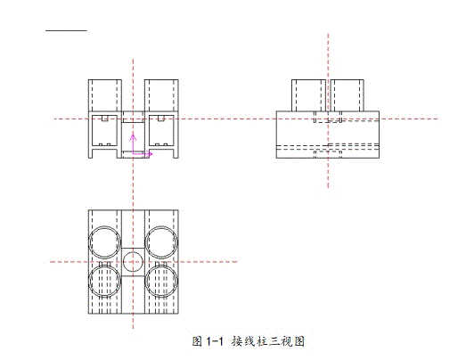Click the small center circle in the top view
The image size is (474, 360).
click(133, 262)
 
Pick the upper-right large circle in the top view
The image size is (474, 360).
click(161, 241)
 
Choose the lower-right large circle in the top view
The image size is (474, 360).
click(161, 282)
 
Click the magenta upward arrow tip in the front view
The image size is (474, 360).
click(133, 135)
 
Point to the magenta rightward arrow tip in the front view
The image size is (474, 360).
click(151, 154)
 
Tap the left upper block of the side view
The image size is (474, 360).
click(308, 95)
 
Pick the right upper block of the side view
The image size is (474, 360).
click(350, 95)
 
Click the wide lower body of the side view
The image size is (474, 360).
click(329, 134)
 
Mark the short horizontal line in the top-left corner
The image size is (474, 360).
click(67, 31)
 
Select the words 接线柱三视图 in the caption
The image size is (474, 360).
click(268, 341)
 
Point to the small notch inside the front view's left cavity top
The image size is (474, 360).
click(104, 118)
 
